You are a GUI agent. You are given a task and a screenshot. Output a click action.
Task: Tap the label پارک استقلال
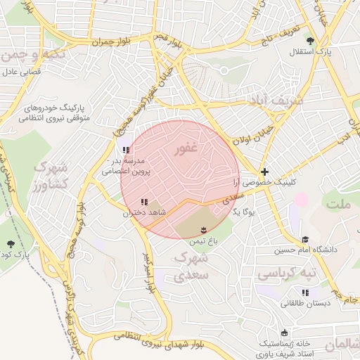pos(314,52)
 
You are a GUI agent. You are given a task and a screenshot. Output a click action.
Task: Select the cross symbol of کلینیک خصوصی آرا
pos(264,172)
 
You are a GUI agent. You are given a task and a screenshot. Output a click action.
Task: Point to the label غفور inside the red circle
pos(187,150)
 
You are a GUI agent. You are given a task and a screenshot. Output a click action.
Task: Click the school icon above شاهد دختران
pos(144,202)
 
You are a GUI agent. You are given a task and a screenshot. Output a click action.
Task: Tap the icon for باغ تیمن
pos(204,230)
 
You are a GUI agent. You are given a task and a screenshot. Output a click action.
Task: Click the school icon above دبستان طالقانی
pos(305,292)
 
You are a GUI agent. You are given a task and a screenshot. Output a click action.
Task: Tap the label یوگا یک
pos(243,210)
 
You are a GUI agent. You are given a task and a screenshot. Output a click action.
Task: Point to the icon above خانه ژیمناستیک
pos(284,333)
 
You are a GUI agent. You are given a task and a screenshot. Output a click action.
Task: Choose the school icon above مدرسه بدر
pos(126,150)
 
